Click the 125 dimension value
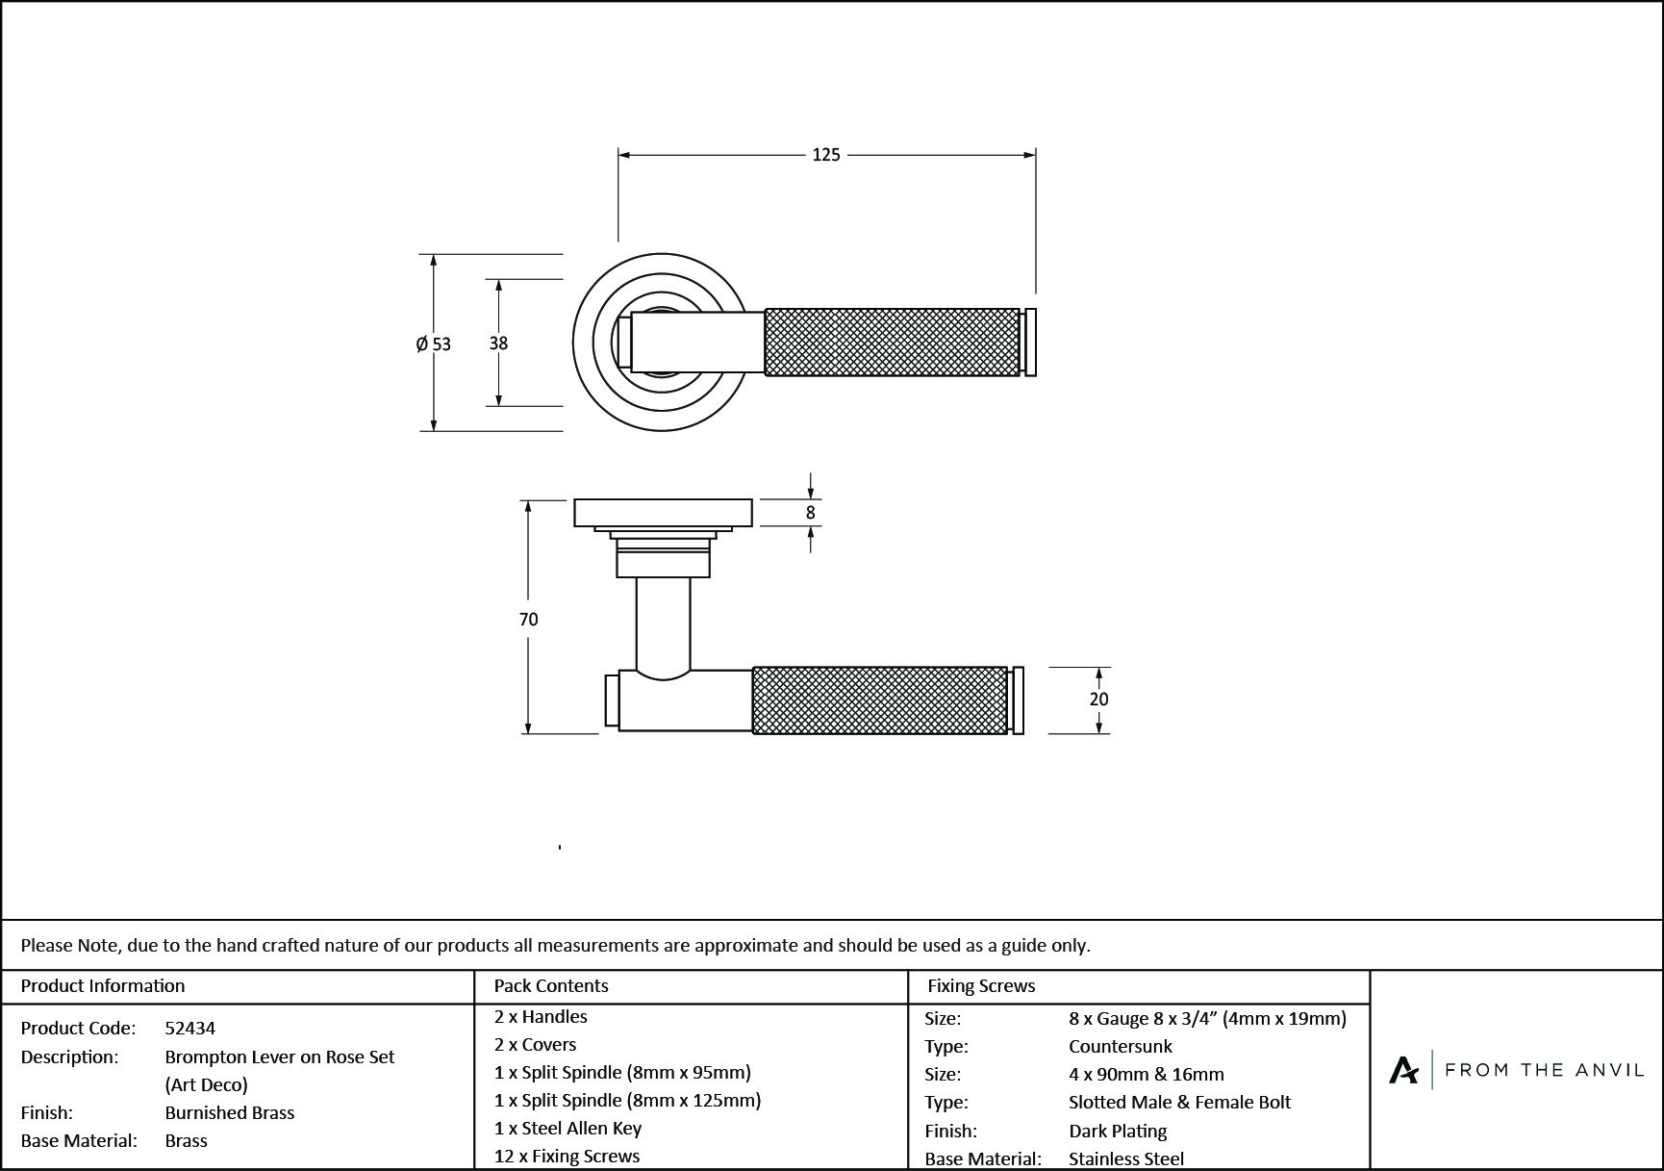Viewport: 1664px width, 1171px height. click(825, 155)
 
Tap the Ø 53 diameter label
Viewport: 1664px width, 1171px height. click(433, 344)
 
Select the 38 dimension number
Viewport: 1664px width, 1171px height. click(498, 343)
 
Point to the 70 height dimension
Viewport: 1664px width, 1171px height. click(528, 620)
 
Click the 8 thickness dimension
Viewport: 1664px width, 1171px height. click(810, 513)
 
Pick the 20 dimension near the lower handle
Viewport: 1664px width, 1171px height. click(1098, 700)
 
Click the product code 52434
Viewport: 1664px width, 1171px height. click(190, 1028)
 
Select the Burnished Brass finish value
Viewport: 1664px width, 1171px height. click(230, 1112)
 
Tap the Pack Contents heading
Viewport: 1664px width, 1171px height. click(551, 985)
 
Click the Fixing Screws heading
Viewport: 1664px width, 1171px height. click(981, 985)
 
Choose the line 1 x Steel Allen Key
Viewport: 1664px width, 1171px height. click(567, 1128)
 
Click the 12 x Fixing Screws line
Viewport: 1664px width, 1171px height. click(567, 1156)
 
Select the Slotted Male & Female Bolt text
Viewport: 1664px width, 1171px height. click(1179, 1102)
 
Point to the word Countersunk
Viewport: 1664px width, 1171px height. click(1121, 1046)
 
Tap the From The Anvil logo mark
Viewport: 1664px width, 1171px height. click(1403, 1070)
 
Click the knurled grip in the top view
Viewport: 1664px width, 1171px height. click(892, 343)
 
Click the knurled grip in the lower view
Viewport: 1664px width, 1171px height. click(879, 700)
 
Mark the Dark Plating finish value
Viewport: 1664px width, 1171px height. click(1118, 1131)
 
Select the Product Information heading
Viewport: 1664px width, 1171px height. click(103, 985)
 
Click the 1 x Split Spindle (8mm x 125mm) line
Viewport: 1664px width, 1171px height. click(627, 1100)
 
